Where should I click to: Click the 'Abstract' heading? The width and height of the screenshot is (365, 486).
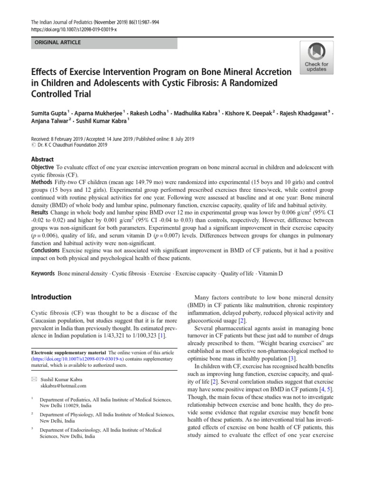coord(42,159)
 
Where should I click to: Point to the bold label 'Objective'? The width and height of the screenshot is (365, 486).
coord(43,168)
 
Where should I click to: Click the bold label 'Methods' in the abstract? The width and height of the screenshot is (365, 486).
coord(41,182)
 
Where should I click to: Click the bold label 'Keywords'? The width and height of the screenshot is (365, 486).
coord(43,274)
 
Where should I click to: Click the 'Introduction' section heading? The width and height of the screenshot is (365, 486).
coord(51,297)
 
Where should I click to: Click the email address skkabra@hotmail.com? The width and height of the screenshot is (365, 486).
coord(63,386)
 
